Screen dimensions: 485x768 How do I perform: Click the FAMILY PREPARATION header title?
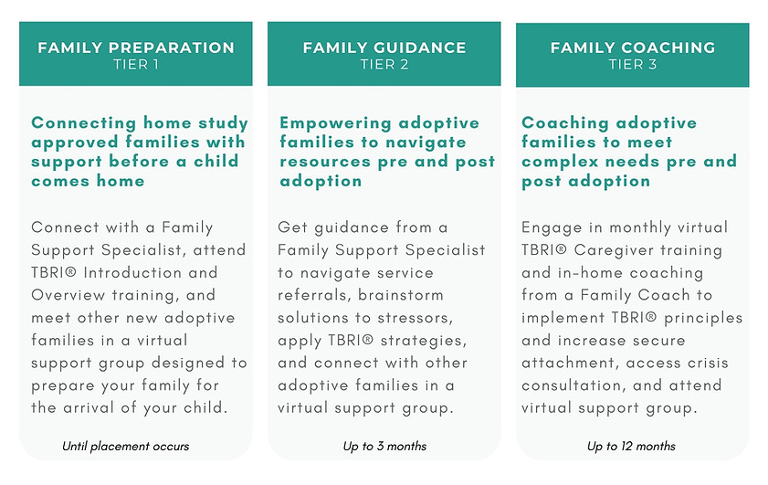(136, 47)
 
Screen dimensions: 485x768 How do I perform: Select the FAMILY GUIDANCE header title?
(384, 47)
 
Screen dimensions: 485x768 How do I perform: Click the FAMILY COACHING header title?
(632, 47)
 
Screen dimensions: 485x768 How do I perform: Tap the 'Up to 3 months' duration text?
(384, 447)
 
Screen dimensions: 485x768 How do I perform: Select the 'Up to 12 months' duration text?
(632, 447)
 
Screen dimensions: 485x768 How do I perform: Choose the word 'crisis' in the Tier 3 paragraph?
(698, 363)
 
